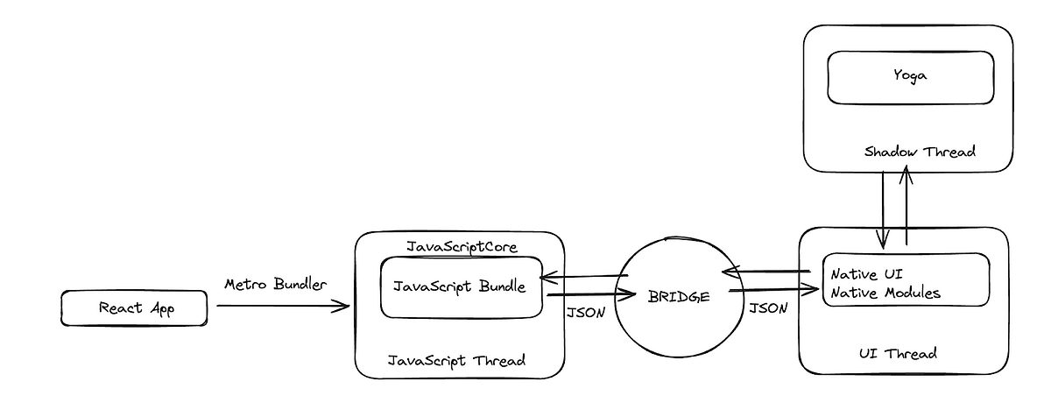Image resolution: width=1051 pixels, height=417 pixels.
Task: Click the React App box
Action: pos(134,308)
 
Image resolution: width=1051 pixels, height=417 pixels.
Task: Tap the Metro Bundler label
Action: pos(275,285)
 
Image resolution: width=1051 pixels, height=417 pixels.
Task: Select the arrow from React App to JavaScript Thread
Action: pos(280,307)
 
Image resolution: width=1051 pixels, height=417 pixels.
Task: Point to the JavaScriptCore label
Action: pos(462,247)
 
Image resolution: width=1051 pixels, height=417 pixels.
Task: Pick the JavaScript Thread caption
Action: pos(456,359)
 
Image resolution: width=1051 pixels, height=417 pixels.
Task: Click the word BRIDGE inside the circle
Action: pos(681,297)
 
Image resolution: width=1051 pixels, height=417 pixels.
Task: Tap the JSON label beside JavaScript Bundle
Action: pos(585,313)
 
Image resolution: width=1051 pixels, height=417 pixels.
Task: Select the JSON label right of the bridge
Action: pos(768,307)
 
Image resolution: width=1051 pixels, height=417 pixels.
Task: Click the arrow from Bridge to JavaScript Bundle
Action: pos(585,278)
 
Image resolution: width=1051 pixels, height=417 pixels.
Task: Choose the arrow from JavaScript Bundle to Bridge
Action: pos(589,296)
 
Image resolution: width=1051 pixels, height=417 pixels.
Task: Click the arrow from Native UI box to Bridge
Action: pos(768,271)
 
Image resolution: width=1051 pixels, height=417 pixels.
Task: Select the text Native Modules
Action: pos(885,293)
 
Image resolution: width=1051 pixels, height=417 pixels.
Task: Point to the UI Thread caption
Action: pos(898,353)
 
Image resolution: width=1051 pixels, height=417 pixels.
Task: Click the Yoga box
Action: pos(911,76)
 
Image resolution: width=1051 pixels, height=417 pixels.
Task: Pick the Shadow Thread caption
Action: pos(920,152)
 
